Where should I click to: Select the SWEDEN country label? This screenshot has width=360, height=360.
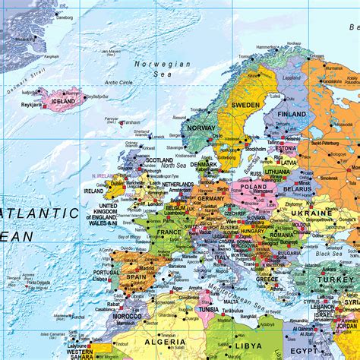(x=246, y=104)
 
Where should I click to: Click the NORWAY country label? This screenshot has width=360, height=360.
(x=203, y=129)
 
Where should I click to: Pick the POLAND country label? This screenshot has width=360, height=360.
(x=253, y=187)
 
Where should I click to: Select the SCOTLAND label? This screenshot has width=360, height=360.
(x=159, y=160)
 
